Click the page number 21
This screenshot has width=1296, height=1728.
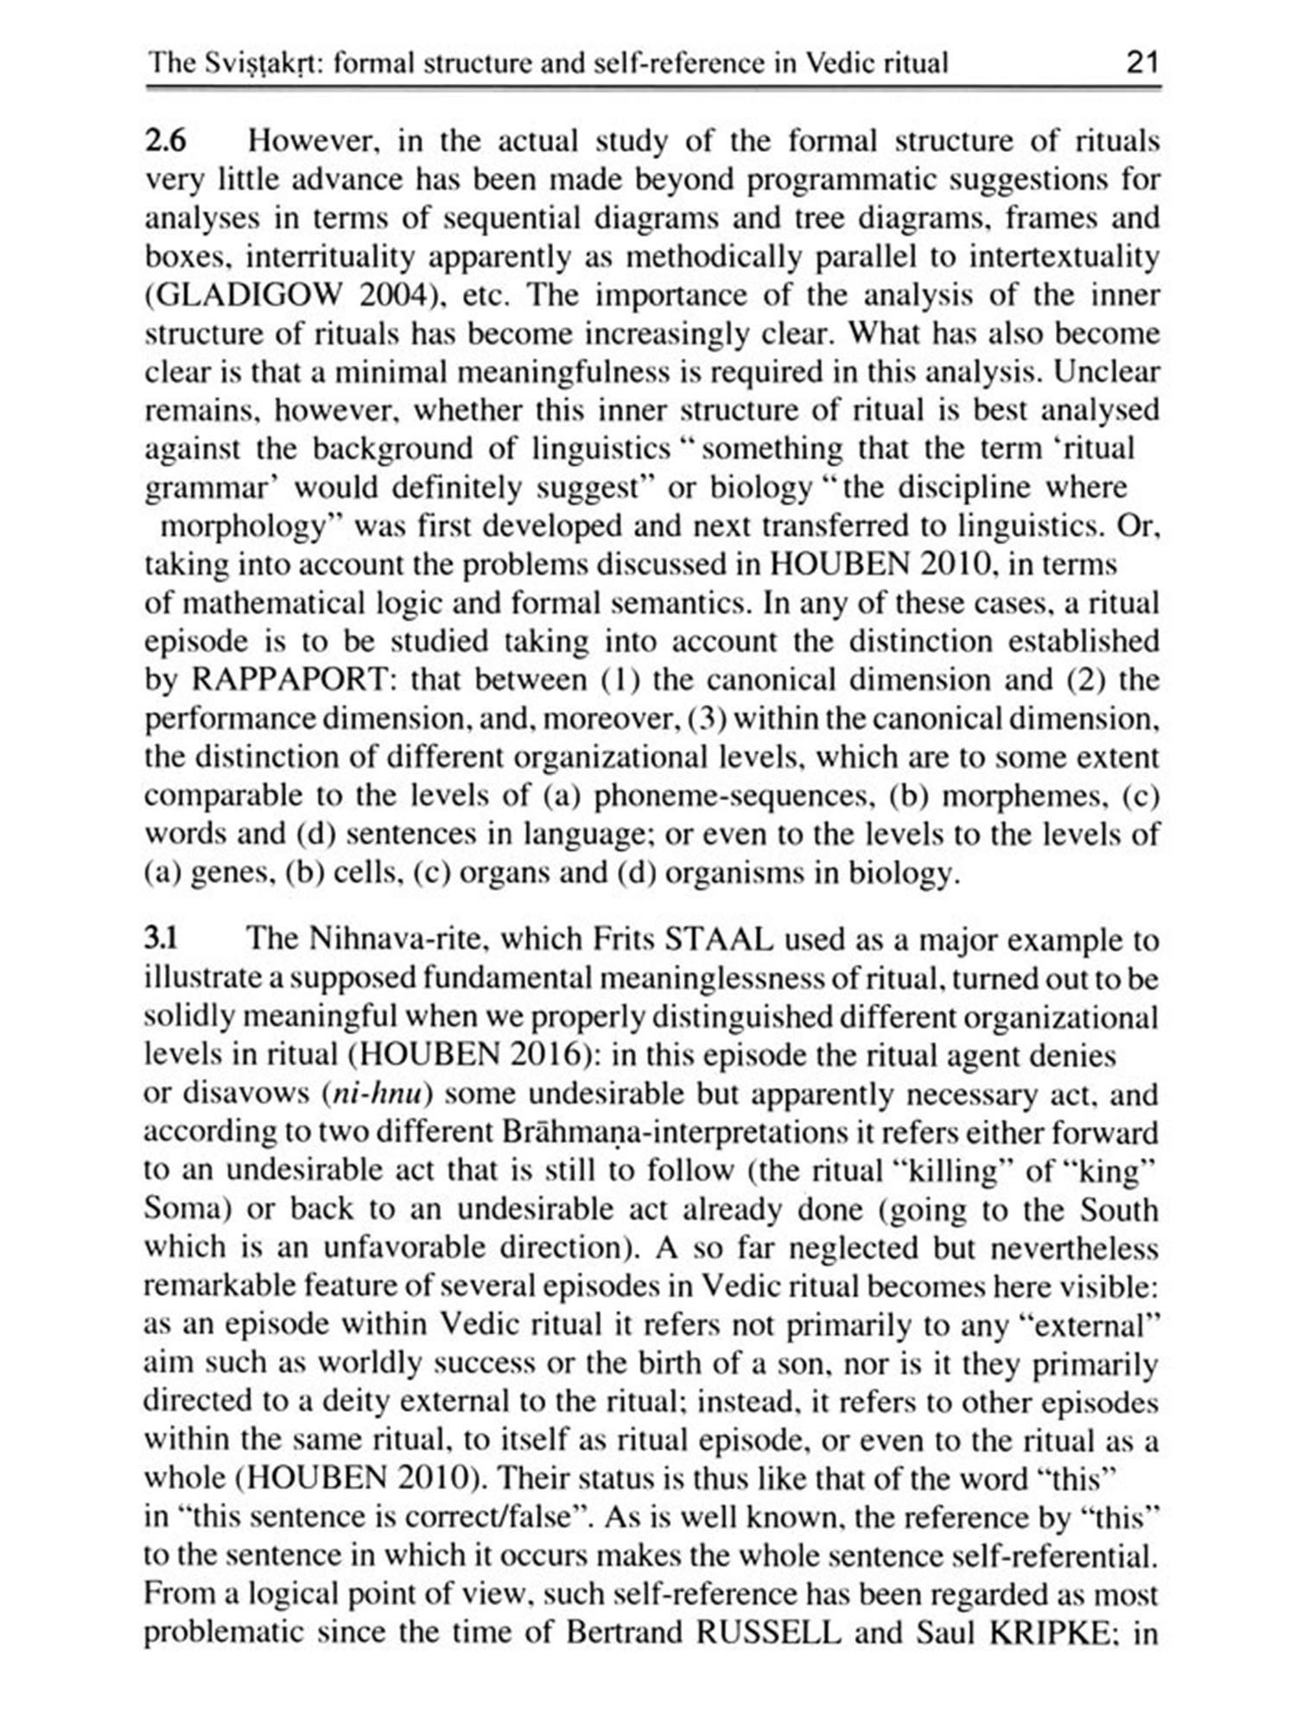[x=1140, y=63]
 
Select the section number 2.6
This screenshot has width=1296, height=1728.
[x=165, y=141]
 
